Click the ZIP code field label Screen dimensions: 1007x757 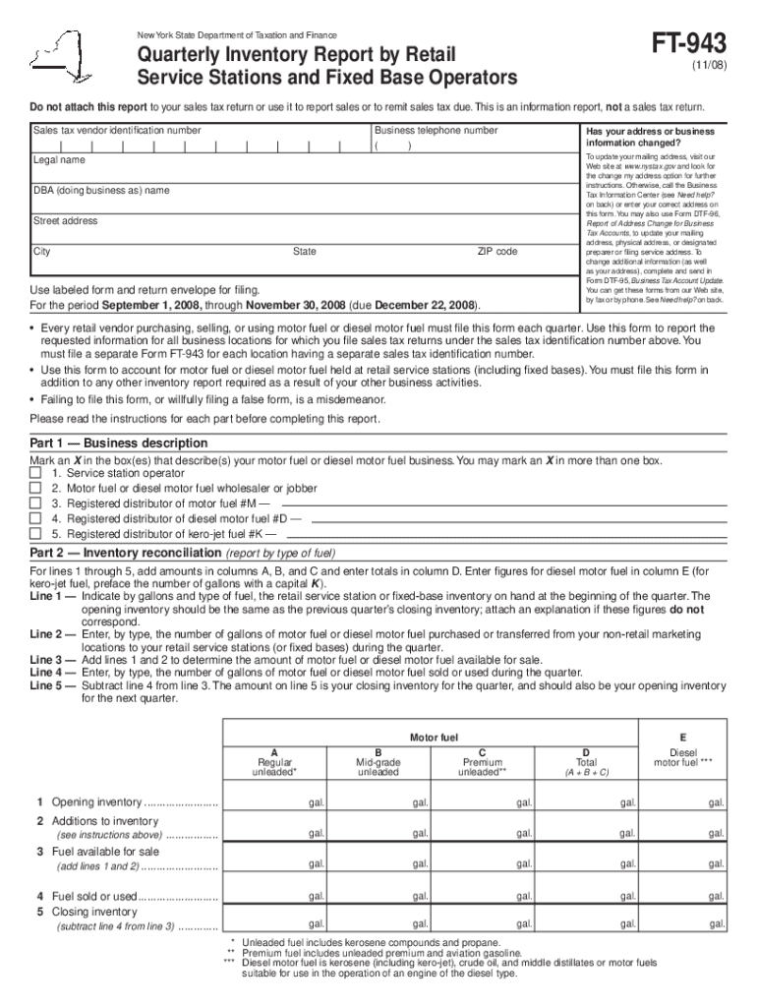coord(496,252)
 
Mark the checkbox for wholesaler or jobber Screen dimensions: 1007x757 coord(35,489)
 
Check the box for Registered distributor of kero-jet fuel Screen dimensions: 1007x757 coord(35,533)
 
